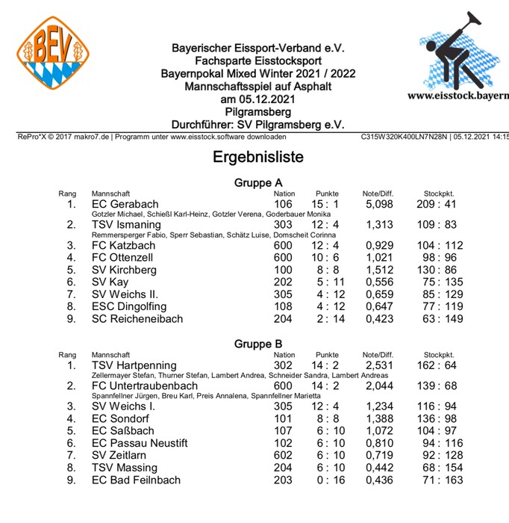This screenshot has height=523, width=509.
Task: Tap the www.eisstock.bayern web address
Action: point(458,96)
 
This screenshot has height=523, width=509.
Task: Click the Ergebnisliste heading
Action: point(258,158)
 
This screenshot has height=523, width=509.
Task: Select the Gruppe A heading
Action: point(258,182)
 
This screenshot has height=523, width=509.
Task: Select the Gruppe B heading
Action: point(258,344)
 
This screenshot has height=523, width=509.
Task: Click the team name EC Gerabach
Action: point(125,204)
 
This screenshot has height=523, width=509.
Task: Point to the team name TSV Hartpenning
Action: point(134,365)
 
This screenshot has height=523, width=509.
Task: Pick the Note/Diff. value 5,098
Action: point(379,204)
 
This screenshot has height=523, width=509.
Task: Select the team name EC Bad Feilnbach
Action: point(136,480)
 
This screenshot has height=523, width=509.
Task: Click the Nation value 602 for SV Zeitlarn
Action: point(283,455)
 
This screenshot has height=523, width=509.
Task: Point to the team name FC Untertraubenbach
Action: point(146,386)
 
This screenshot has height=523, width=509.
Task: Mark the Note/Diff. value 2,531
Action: point(379,365)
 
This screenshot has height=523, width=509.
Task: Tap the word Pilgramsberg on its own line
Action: point(257,111)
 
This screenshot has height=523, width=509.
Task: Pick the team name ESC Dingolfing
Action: point(129,306)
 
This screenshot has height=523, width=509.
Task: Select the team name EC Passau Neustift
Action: point(140,443)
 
